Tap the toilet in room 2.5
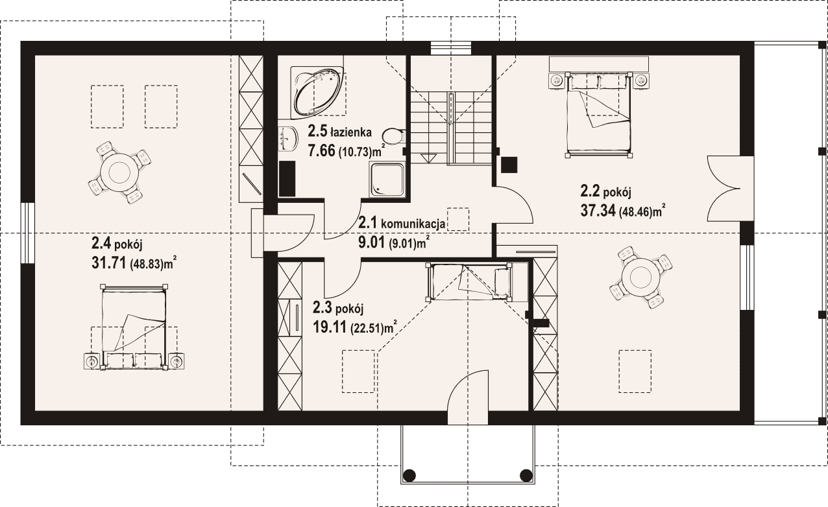click(x=394, y=136)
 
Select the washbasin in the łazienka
click(x=287, y=139)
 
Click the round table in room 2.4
click(x=119, y=172)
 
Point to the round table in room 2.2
click(x=640, y=277)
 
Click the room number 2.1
click(x=368, y=223)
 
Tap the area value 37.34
click(x=598, y=211)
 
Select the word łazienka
click(x=351, y=132)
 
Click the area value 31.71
click(x=108, y=263)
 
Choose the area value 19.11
click(x=330, y=327)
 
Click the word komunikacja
click(x=413, y=224)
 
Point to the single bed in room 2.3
click(x=469, y=281)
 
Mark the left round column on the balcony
click(x=409, y=475)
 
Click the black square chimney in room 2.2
click(x=509, y=165)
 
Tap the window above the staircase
click(x=452, y=48)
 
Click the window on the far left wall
click(x=28, y=233)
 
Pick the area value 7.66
click(x=322, y=150)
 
